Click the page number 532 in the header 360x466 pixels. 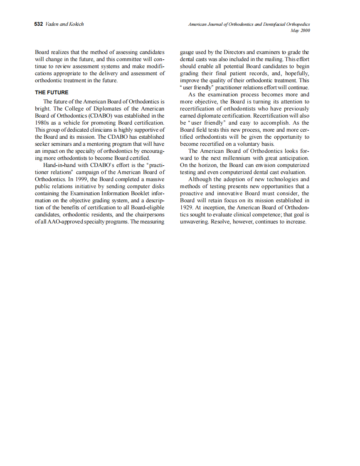click(x=38, y=24)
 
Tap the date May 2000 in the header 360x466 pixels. click(x=301, y=31)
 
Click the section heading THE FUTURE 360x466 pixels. click(x=52, y=92)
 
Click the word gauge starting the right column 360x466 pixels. click(x=187, y=52)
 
